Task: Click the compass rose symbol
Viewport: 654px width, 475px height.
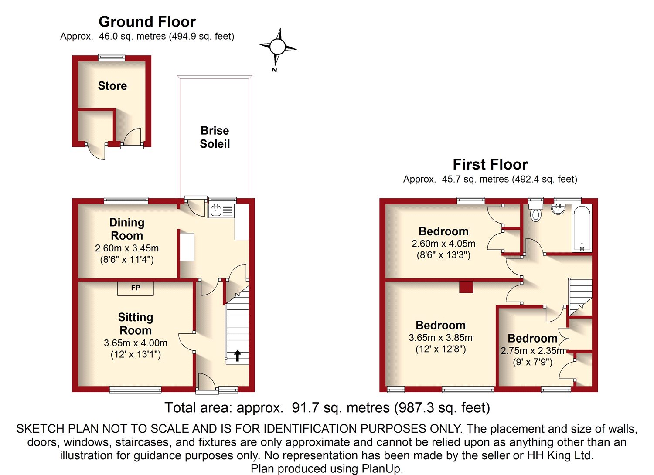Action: coord(277,46)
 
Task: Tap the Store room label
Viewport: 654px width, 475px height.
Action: coord(112,86)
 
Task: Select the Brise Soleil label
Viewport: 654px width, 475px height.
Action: coord(215,137)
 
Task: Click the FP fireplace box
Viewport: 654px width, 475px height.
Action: coord(135,288)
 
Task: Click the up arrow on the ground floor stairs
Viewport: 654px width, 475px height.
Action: coord(237,356)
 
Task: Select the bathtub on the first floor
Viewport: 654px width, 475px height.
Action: coord(582,228)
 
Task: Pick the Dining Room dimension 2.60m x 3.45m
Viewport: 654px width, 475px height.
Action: coord(127,248)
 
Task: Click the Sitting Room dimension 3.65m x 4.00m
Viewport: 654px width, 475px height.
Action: coord(136,343)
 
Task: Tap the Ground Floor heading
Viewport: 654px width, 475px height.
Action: coord(147,22)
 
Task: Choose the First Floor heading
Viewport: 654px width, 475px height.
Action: coord(490,164)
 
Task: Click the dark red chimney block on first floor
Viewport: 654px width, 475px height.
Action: coord(466,287)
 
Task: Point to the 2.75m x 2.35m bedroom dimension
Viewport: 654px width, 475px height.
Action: coord(532,351)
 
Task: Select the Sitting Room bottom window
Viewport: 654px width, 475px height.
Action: coord(135,390)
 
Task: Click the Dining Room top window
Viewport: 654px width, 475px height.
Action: coord(126,200)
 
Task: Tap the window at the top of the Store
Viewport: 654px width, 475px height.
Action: coord(112,58)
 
